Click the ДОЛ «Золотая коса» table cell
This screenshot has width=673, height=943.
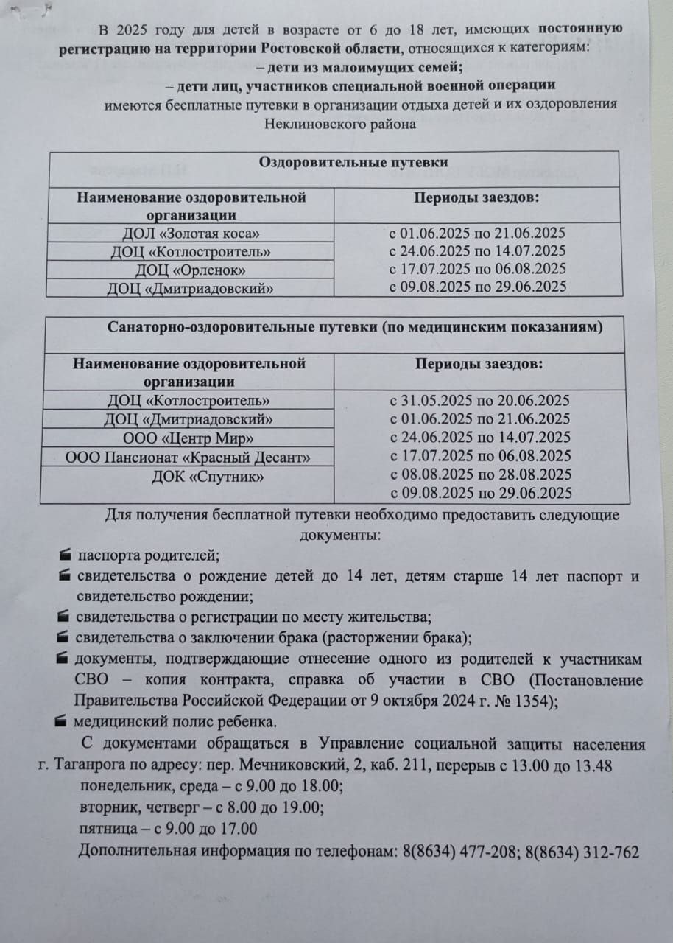191,234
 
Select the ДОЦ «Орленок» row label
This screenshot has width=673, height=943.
191,269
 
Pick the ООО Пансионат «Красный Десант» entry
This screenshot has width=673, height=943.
188,458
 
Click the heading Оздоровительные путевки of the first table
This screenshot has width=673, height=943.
353,162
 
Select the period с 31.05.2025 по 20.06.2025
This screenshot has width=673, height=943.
480,401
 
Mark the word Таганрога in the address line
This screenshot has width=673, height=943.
91,766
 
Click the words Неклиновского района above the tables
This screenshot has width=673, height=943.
340,124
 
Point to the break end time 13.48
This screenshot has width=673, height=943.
593,766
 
